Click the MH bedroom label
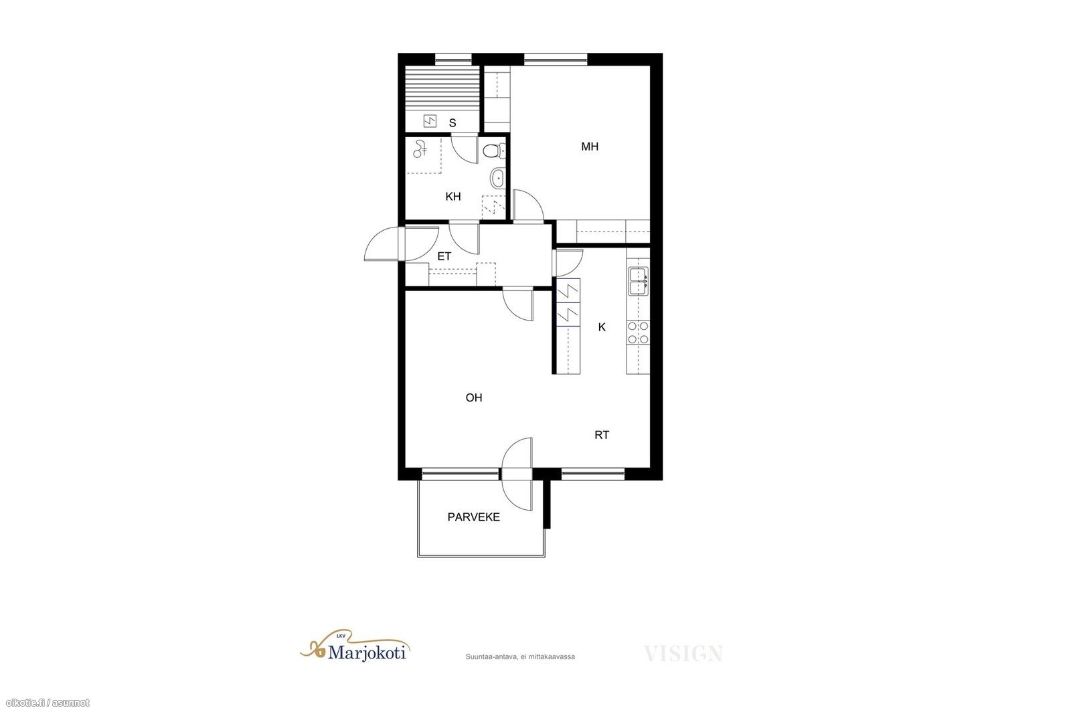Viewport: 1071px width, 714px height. point(590,147)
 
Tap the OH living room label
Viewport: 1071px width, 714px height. point(474,397)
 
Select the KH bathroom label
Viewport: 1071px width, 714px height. point(452,197)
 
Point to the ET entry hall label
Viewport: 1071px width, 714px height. point(444,257)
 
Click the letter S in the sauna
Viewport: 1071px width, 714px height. point(452,123)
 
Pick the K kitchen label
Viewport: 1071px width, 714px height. point(602,327)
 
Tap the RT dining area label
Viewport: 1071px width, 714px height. point(602,435)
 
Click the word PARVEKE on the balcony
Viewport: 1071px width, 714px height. point(474,517)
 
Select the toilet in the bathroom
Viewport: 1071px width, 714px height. point(494,151)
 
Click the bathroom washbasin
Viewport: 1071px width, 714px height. point(497,178)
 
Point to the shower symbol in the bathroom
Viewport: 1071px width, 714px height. point(420,149)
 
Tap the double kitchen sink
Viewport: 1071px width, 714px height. point(639,281)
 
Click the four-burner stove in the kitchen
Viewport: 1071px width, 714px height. point(639,333)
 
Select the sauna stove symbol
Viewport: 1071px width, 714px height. point(430,121)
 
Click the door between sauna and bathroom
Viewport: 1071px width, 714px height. point(465,150)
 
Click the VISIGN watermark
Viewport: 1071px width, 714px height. point(683,653)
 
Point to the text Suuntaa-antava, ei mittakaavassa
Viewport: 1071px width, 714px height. point(520,656)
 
